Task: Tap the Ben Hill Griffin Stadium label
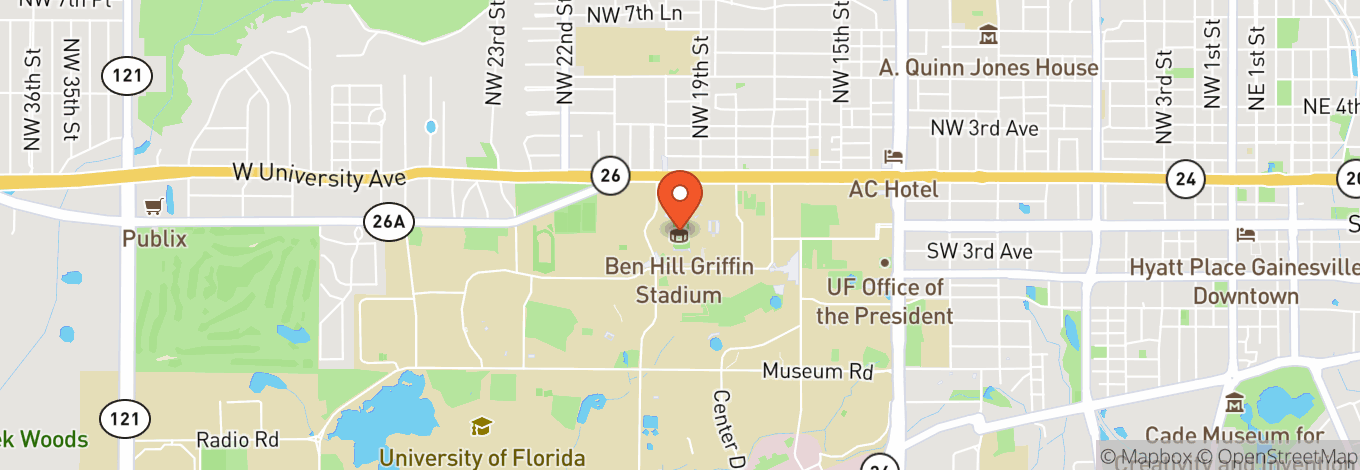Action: (x=679, y=281)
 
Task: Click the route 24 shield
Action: (x=1185, y=180)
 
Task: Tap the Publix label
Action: (x=155, y=239)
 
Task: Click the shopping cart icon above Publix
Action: (x=154, y=206)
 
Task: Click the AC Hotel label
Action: (x=894, y=189)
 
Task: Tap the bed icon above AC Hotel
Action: (x=893, y=157)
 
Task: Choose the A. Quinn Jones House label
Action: (x=988, y=68)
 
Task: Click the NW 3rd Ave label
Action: (x=984, y=128)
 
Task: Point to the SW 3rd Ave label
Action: (x=978, y=252)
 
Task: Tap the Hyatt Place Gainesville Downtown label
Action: (x=1245, y=281)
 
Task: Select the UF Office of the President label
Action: (x=885, y=301)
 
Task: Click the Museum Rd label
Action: (x=818, y=371)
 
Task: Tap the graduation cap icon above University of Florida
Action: (x=481, y=427)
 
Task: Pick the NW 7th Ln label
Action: (x=634, y=13)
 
